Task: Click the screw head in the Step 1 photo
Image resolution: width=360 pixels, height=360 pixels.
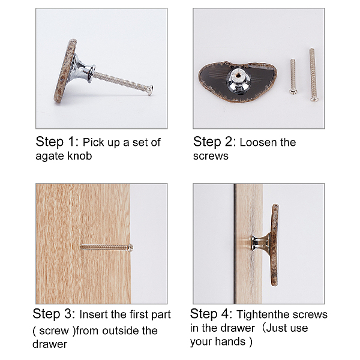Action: click(151, 90)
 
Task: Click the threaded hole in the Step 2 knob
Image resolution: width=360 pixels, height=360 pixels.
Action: click(238, 74)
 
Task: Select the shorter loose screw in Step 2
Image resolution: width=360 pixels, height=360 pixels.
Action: click(293, 76)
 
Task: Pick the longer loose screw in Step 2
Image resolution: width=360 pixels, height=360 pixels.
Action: click(313, 75)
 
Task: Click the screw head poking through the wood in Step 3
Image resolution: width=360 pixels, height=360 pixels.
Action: click(130, 247)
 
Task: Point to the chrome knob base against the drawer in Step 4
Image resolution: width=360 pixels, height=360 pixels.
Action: click(260, 243)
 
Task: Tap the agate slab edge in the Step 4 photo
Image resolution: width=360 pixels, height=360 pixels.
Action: click(275, 245)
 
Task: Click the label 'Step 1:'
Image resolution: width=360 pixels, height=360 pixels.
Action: click(57, 142)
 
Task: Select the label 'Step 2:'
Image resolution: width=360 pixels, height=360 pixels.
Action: click(214, 142)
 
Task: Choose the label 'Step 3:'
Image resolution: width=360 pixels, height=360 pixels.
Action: click(54, 314)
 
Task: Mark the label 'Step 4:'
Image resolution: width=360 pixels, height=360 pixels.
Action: click(211, 314)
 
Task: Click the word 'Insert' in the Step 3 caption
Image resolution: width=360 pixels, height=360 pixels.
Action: click(94, 314)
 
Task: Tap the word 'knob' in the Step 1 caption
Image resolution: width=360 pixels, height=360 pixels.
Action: click(80, 155)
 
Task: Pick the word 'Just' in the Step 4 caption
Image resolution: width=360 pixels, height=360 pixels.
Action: click(275, 328)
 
